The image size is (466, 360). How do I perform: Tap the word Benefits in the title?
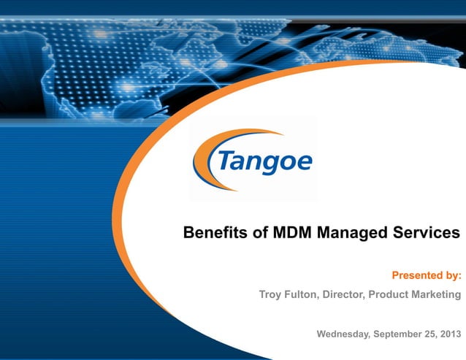point(212,233)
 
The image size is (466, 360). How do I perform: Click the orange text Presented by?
point(427,275)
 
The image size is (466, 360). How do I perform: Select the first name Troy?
point(272,295)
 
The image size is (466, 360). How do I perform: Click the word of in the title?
point(260,233)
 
